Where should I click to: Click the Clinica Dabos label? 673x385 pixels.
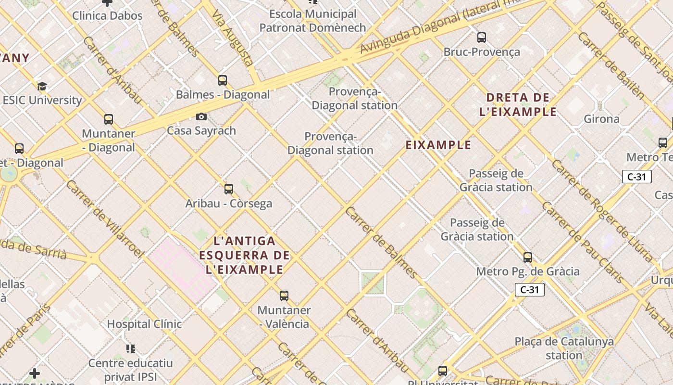107,15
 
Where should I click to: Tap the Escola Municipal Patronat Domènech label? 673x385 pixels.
312,21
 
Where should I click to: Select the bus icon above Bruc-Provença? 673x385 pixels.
481,38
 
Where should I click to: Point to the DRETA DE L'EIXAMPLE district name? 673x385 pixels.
518,105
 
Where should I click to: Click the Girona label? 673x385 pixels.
601,119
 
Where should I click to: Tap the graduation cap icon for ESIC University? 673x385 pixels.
42,87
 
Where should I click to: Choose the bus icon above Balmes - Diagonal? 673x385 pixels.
222,80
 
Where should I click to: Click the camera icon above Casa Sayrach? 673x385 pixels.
201,116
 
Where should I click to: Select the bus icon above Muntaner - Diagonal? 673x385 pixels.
109,119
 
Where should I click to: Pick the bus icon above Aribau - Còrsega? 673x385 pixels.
229,189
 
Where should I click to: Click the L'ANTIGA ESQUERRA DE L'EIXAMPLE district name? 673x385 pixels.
245,255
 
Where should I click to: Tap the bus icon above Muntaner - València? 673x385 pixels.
284,295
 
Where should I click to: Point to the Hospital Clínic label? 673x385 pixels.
144,324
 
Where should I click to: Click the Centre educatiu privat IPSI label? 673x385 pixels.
130,370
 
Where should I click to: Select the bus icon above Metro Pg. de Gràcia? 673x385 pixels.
528,257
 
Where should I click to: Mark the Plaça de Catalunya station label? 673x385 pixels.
564,348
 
